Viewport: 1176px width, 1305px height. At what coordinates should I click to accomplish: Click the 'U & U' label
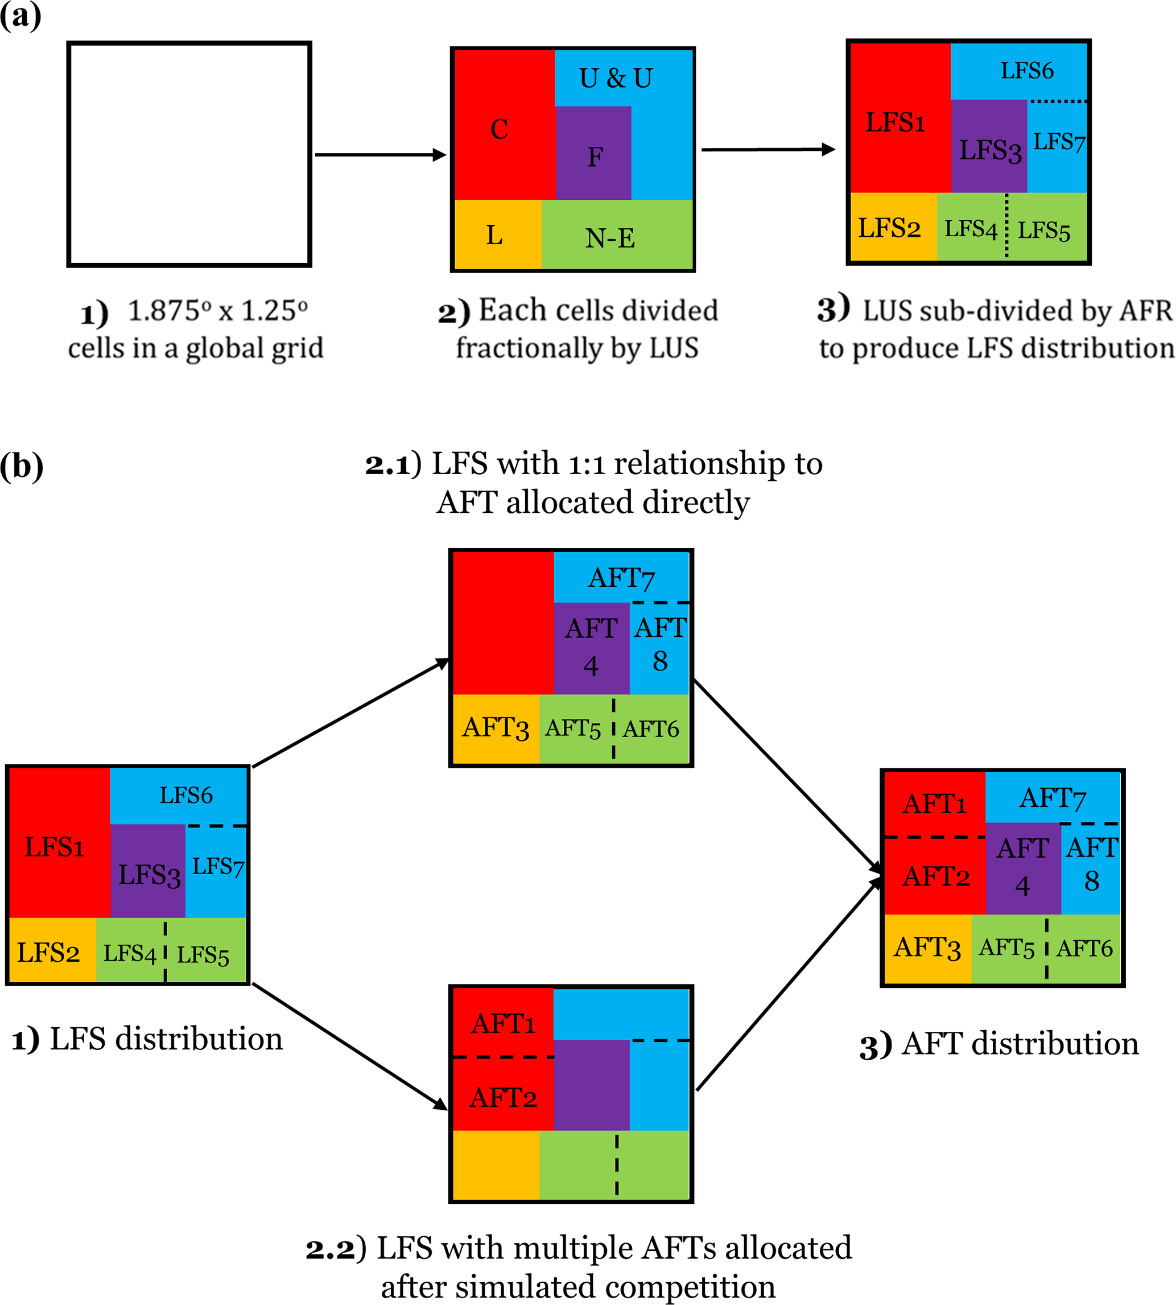[x=615, y=78]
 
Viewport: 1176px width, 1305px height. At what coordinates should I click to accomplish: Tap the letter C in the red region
[x=499, y=129]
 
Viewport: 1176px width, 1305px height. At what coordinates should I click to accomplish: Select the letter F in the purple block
[x=595, y=157]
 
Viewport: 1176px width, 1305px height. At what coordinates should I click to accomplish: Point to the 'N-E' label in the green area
[x=610, y=238]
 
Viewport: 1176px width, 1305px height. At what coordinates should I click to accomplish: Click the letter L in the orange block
[x=494, y=235]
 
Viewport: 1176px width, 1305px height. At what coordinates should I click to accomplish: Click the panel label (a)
[x=20, y=15]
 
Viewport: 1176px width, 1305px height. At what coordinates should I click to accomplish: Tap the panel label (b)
[x=22, y=466]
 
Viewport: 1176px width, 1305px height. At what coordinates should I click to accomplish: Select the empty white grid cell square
[x=189, y=154]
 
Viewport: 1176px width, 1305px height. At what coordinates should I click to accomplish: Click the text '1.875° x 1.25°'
[x=217, y=311]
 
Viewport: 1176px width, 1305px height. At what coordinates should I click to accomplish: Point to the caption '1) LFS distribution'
[x=147, y=1039]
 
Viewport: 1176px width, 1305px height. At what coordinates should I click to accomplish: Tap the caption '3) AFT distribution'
[x=999, y=1044]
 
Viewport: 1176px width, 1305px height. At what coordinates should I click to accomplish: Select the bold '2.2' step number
[x=329, y=1249]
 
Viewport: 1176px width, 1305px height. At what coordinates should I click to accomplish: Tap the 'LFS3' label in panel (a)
[x=990, y=151]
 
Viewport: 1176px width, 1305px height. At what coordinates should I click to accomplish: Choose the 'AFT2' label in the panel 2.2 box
[x=504, y=1097]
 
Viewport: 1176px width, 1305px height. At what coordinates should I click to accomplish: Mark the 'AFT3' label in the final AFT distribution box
[x=927, y=948]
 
